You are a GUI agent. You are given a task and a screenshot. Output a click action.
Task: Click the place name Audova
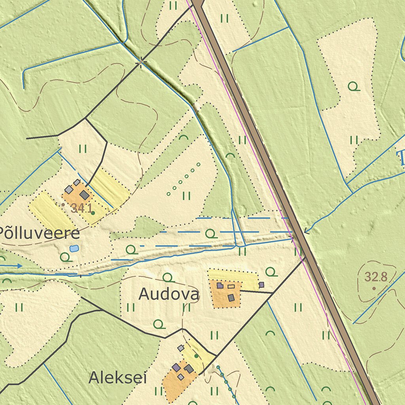[169, 294]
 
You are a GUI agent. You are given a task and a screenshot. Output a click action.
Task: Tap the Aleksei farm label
[117, 378]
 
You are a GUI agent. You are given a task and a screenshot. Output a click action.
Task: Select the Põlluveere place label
[40, 233]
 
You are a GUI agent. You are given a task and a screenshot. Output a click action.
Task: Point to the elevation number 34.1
[81, 208]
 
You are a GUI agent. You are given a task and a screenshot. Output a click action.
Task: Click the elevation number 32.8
[375, 277]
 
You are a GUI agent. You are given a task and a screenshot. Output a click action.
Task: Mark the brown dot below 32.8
[374, 288]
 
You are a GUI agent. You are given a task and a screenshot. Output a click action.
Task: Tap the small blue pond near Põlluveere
[74, 248]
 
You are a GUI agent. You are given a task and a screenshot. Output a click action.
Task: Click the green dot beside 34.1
[93, 213]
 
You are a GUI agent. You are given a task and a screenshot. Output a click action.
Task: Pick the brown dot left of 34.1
[63, 204]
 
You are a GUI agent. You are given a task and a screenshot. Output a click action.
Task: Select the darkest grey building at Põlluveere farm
[84, 195]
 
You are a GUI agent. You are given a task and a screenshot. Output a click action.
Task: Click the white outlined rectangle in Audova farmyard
[231, 286]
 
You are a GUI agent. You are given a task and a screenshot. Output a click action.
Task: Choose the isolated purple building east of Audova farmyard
[261, 284]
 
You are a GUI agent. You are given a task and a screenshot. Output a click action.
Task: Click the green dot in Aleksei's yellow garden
[196, 356]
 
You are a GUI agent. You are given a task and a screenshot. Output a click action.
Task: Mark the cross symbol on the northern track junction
[141, 62]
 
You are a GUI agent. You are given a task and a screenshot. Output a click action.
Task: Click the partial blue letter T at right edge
[401, 157]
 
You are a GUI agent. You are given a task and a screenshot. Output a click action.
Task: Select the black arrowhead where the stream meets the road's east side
[305, 232]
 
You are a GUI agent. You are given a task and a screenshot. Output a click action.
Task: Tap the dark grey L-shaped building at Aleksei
[189, 369]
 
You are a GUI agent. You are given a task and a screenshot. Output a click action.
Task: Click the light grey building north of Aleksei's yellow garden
[181, 348]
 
